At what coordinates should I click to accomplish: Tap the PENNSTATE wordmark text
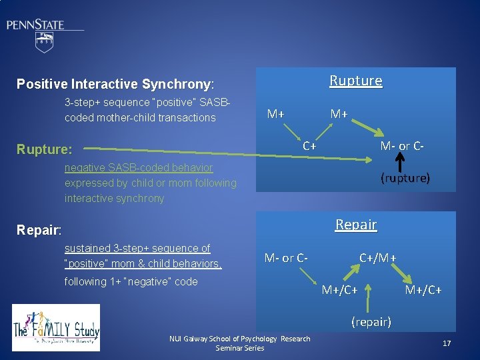(x=36, y=25)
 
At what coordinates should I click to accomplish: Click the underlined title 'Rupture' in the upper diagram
(x=356, y=81)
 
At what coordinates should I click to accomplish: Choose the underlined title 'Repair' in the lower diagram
(x=356, y=225)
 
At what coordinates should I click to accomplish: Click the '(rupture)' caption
(x=405, y=178)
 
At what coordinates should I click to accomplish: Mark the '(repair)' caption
(x=372, y=322)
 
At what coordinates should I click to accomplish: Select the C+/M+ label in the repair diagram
(x=378, y=257)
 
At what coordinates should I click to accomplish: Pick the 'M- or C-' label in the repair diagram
(x=286, y=257)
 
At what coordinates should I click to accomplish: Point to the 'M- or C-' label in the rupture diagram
(x=402, y=146)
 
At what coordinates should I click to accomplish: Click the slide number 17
(x=446, y=343)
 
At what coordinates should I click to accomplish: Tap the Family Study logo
(x=56, y=327)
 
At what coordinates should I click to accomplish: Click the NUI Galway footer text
(x=240, y=343)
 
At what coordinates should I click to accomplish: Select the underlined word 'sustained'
(x=87, y=248)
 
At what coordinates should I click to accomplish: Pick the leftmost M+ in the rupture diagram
(x=275, y=113)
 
